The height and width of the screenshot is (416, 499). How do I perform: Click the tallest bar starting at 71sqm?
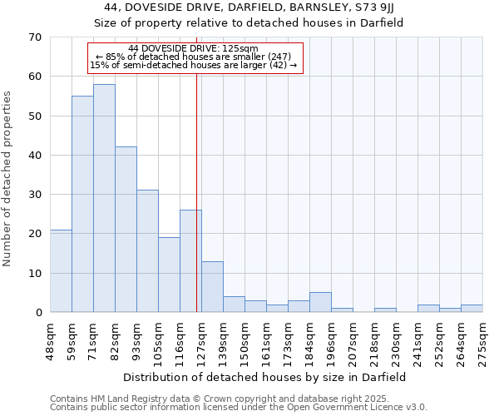(x=104, y=198)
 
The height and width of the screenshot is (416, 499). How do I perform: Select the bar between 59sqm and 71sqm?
(x=82, y=204)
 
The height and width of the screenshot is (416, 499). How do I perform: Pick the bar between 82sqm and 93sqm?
(x=126, y=230)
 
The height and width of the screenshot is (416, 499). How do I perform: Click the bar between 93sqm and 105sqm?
(x=147, y=251)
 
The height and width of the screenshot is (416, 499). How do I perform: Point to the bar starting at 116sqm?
(x=190, y=261)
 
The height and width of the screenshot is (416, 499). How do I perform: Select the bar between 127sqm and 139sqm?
(x=212, y=287)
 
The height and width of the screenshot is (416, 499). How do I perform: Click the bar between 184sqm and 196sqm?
(x=320, y=303)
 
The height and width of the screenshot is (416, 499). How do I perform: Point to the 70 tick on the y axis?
(x=35, y=37)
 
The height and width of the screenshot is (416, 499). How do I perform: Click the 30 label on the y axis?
(x=35, y=195)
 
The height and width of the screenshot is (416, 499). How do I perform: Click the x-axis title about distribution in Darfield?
(x=265, y=377)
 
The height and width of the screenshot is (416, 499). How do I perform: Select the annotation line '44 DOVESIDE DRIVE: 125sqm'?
(x=194, y=48)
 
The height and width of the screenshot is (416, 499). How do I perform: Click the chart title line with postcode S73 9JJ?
(x=249, y=7)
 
